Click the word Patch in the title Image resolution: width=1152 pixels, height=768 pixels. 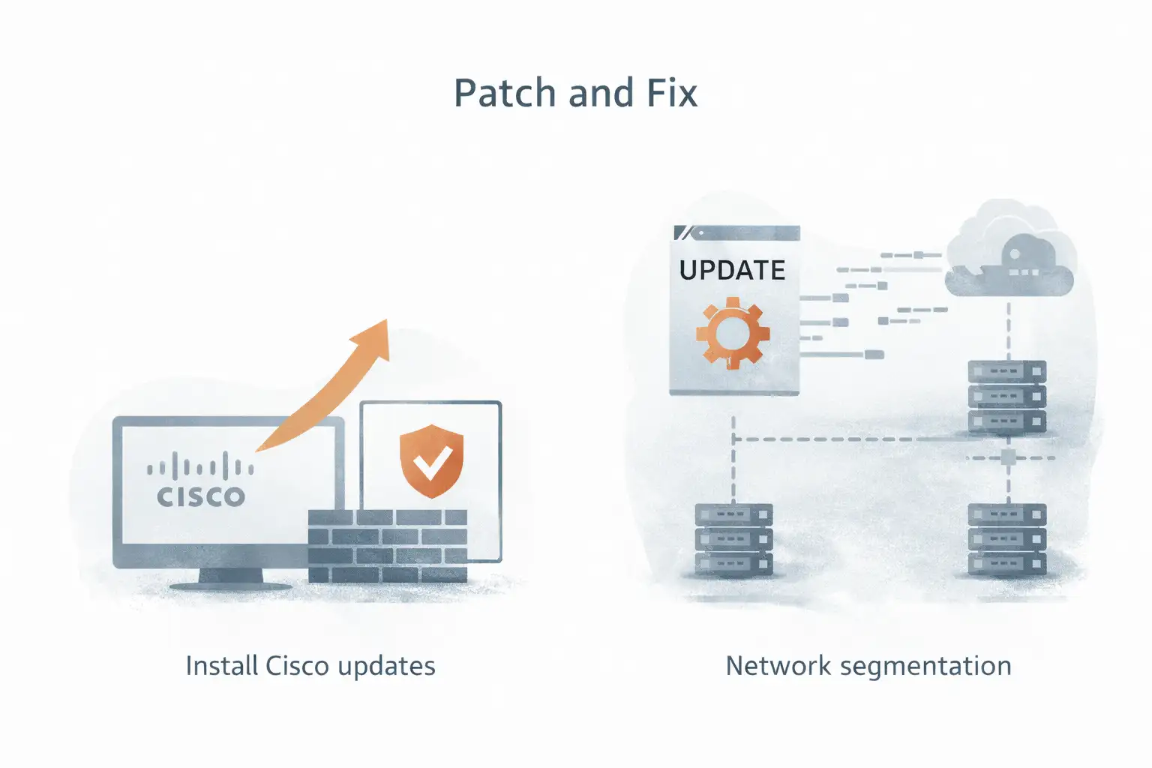[505, 94]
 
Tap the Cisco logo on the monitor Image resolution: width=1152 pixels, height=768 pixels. [200, 481]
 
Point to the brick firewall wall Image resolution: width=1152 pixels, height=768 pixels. [388, 545]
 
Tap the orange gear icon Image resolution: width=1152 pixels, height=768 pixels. [732, 332]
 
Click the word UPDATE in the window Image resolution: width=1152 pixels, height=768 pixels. [732, 270]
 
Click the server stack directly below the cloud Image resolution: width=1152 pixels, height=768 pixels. [1006, 397]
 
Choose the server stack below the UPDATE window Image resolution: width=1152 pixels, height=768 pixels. [733, 539]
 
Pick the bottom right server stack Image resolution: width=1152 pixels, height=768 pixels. [1006, 539]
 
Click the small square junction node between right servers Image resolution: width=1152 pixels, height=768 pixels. [1008, 457]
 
